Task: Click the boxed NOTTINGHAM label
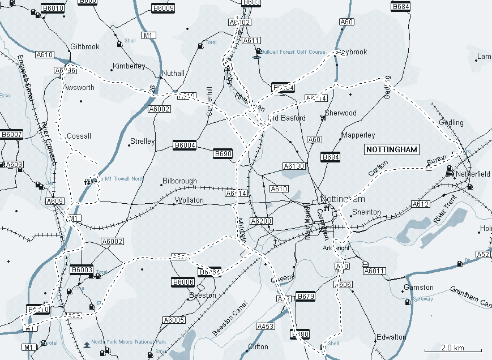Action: [x=392, y=149]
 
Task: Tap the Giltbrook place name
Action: [x=84, y=47]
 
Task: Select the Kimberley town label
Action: [x=129, y=66]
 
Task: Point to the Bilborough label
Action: [x=179, y=181]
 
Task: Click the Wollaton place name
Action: [x=189, y=200]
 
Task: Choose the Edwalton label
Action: [x=391, y=337]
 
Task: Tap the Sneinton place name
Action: [x=366, y=212]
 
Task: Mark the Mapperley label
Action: [x=358, y=136]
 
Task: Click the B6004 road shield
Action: [x=185, y=145]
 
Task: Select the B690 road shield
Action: [x=223, y=153]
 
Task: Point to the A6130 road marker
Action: [x=294, y=166]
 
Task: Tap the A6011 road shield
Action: [x=374, y=271]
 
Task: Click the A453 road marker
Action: [x=265, y=327]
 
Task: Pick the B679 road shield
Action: [x=305, y=297]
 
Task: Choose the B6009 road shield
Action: [x=163, y=8]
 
